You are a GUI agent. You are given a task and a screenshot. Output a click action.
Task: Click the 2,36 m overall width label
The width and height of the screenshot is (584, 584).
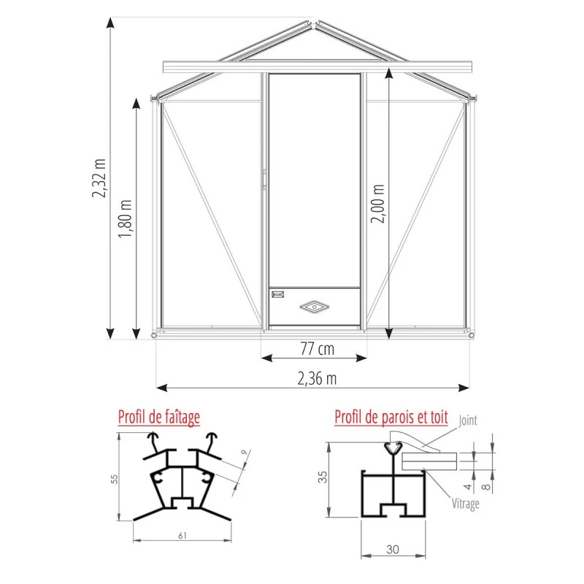coord(317,378)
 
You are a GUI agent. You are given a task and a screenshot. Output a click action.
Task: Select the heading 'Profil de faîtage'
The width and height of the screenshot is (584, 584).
coord(159,418)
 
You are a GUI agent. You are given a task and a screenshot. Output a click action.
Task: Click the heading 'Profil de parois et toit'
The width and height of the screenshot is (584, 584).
coord(391,418)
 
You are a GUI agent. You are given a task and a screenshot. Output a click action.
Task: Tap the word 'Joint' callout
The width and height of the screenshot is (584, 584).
coord(469,420)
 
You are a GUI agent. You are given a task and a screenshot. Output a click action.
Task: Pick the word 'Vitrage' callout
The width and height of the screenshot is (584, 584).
coord(465,504)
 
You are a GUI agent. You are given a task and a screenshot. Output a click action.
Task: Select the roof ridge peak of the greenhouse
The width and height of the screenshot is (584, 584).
coord(315,23)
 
